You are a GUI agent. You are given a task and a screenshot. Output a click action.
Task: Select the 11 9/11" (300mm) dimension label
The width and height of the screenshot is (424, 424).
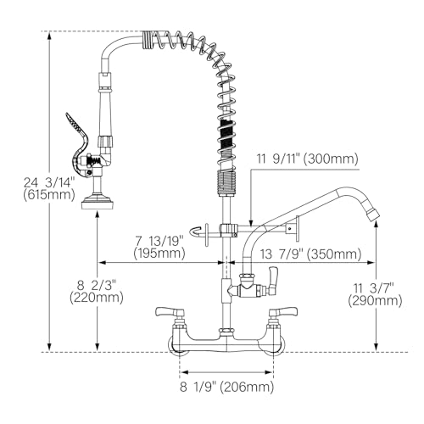pos(306,159)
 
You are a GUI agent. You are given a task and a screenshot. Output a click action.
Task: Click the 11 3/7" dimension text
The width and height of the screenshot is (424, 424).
pos(378,287)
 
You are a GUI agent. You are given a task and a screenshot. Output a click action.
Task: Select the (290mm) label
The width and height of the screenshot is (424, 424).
pos(378,300)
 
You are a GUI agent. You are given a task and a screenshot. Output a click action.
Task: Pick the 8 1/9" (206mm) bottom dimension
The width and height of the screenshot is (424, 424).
pos(226,387)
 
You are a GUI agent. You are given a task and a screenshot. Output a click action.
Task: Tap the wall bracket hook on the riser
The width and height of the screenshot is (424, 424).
pos(200,230)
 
